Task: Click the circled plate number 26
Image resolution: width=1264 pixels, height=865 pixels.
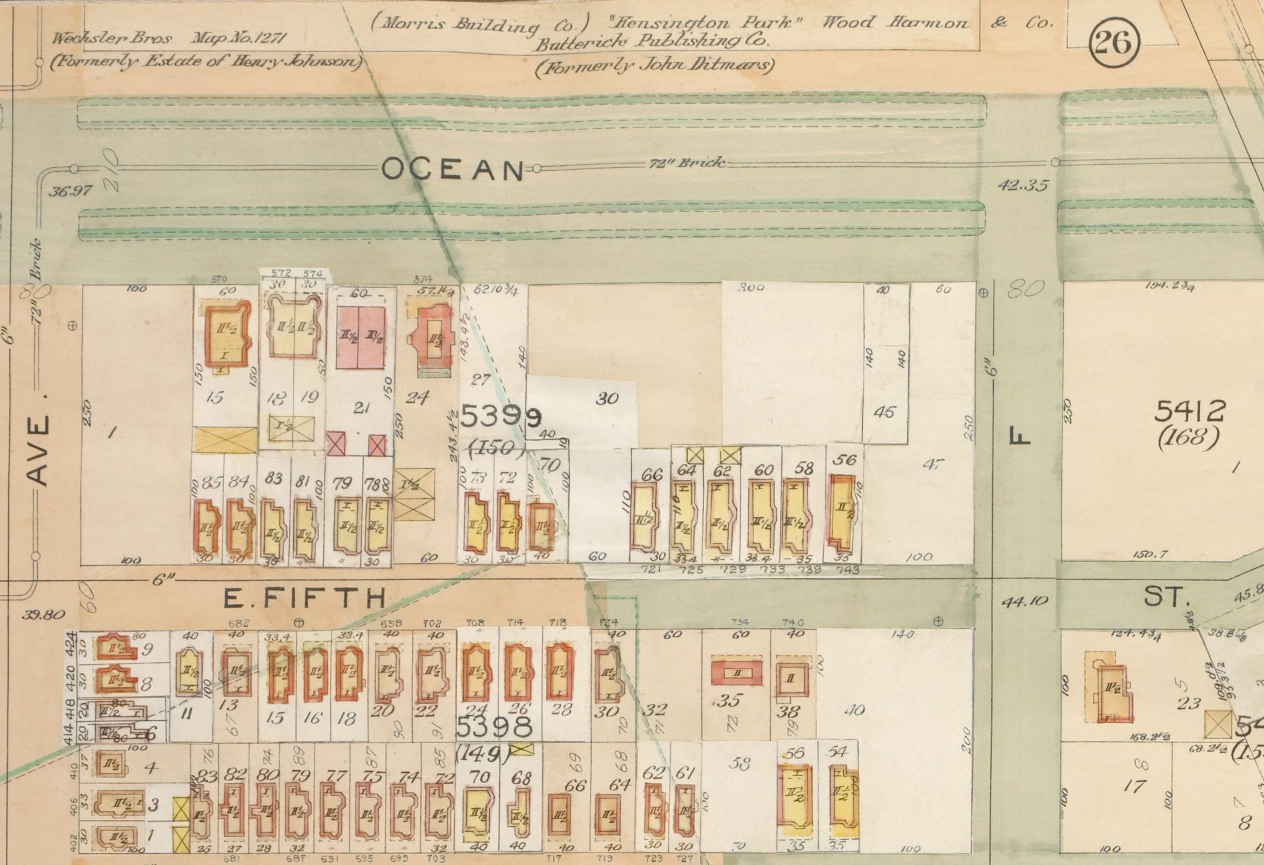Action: [x=1114, y=44]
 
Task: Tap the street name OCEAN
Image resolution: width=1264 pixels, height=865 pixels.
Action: [x=453, y=169]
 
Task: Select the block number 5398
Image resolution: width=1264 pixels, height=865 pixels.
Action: [x=496, y=726]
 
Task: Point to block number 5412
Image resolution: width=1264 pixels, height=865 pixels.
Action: [x=1190, y=411]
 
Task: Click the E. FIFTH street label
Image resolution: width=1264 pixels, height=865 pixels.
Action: [x=305, y=598]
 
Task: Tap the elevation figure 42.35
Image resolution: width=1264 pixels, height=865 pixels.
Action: [x=1023, y=185]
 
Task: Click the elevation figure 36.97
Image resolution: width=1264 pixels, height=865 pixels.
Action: [x=70, y=191]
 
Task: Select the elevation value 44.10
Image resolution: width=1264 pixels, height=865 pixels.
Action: [x=1024, y=601]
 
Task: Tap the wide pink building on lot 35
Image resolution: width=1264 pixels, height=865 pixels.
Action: [x=737, y=673]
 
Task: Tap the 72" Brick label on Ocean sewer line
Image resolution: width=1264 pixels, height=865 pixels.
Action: [x=686, y=164]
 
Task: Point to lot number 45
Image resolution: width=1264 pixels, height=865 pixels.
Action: [x=884, y=412]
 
